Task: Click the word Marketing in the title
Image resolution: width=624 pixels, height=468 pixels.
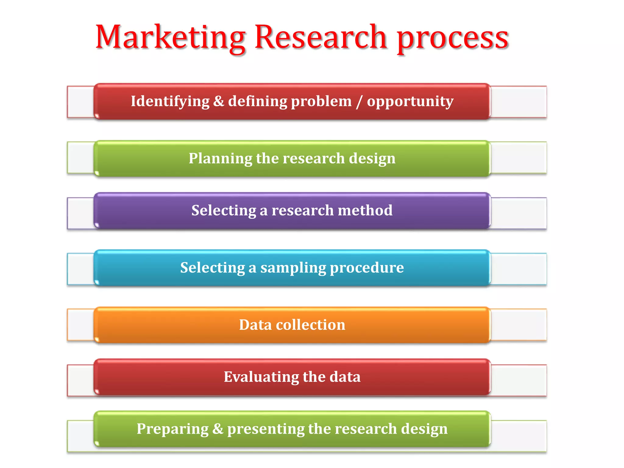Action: pos(171,37)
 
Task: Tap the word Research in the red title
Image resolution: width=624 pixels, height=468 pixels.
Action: pos(321,37)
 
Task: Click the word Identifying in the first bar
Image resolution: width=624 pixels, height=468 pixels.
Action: pos(170,101)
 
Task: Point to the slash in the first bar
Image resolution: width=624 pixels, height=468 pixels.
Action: pos(359,101)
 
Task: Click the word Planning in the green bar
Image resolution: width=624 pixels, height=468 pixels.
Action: pos(220,159)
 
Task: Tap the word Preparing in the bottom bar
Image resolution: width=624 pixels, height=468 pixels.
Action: pos(172,429)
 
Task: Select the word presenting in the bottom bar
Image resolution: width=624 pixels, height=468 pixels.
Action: pos(266,429)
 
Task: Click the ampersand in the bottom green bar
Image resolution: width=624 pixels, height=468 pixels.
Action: pos(218,429)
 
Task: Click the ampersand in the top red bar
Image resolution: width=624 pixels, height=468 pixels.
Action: pos(219,101)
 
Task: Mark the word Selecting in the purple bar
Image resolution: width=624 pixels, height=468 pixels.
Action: pos(224,211)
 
